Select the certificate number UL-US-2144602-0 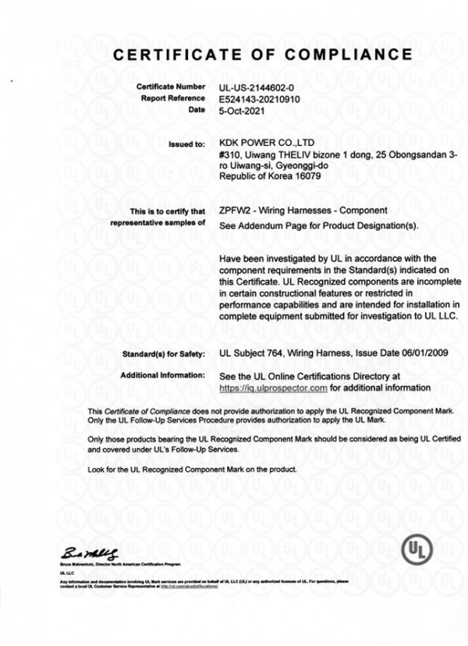259,87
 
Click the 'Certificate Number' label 170,87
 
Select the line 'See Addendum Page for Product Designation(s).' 320,225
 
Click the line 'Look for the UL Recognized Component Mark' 192,470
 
